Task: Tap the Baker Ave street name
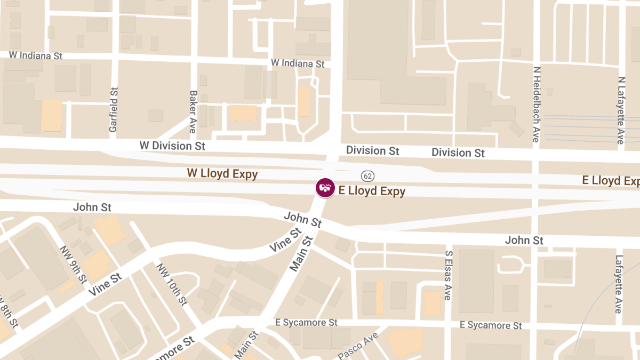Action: [x=193, y=111]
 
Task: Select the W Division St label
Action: [x=172, y=145]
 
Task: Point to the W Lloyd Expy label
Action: [x=222, y=173]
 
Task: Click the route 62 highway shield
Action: [x=367, y=175]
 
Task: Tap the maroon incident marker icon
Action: [x=324, y=187]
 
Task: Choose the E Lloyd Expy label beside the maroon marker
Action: [x=372, y=191]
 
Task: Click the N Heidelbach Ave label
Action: [x=537, y=104]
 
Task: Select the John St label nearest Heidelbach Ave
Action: [x=524, y=241]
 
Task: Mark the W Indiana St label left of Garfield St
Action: [x=36, y=55]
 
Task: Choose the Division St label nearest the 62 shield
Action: [x=372, y=150]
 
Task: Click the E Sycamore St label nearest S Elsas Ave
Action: [x=491, y=325]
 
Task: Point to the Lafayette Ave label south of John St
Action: [x=619, y=284]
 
